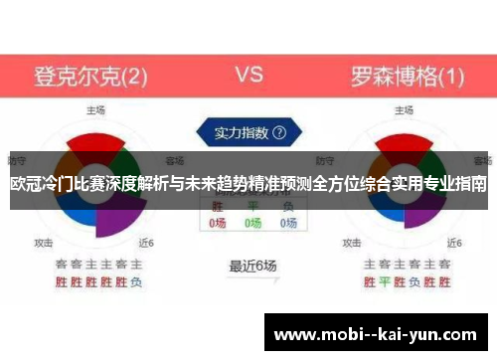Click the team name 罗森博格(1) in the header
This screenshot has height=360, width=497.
pyautogui.click(x=408, y=76)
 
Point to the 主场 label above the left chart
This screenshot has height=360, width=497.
pyautogui.click(x=96, y=110)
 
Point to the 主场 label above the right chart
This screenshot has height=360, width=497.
pyautogui.click(x=405, y=110)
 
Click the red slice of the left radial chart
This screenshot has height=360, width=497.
pyautogui.click(x=96, y=142)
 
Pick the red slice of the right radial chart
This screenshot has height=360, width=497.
pyautogui.click(x=405, y=142)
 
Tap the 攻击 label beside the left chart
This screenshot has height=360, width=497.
pyautogui.click(x=44, y=242)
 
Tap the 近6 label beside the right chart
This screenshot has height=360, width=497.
pyautogui.click(x=455, y=242)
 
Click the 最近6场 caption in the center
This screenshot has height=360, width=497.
pyautogui.click(x=252, y=266)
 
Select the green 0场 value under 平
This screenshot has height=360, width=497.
pyautogui.click(x=252, y=224)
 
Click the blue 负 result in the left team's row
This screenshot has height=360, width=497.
pyautogui.click(x=136, y=281)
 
